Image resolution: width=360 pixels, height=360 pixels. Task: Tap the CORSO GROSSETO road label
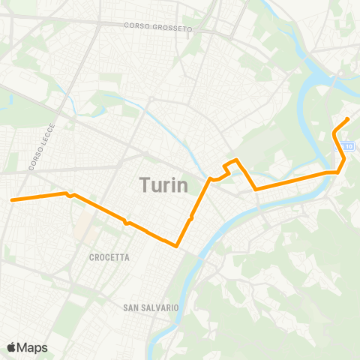pyautogui.click(x=158, y=28)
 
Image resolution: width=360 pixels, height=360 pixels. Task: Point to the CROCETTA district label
pyautogui.click(x=109, y=257)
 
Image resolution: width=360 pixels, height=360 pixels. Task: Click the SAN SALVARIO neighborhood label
pyautogui.click(x=151, y=307)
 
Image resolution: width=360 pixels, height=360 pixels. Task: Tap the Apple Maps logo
pyautogui.click(x=27, y=347)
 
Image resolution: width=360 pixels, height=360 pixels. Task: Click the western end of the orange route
pyautogui.click(x=12, y=199)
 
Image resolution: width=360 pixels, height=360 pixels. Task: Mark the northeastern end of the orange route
pyautogui.click(x=348, y=119)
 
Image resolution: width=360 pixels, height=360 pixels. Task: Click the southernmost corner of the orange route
pyautogui.click(x=176, y=245)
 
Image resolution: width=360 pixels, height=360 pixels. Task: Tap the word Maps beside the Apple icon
pyautogui.click(x=33, y=347)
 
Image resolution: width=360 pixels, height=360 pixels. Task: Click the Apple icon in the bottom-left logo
pyautogui.click(x=11, y=346)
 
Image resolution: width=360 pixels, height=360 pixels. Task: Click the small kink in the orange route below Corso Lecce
pyautogui.click(x=70, y=195)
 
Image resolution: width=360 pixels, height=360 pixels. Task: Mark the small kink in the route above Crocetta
pyautogui.click(x=127, y=223)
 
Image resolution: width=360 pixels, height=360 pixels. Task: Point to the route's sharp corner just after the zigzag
pyautogui.click(x=256, y=189)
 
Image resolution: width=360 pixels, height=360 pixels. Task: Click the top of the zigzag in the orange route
pyautogui.click(x=236, y=160)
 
